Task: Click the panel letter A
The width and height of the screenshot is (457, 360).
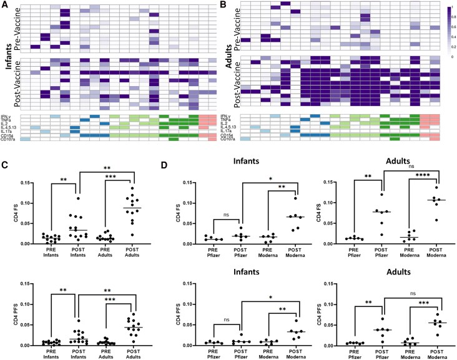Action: coord(5,6)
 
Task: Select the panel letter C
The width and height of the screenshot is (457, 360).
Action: coord(5,167)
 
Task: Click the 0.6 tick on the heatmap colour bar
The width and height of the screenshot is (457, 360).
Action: coord(451,27)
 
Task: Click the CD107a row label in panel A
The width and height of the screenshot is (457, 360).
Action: coord(11,140)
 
